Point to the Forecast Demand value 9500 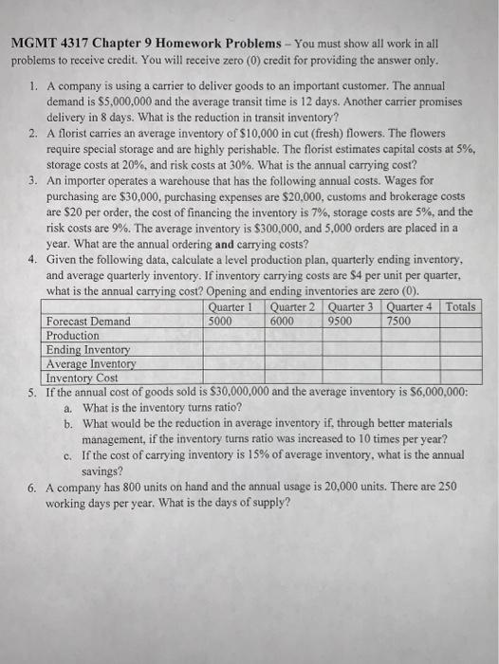(x=340, y=321)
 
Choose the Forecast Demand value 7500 (x=398, y=321)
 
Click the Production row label (x=72, y=335)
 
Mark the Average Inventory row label (x=90, y=362)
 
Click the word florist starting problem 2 (x=75, y=136)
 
